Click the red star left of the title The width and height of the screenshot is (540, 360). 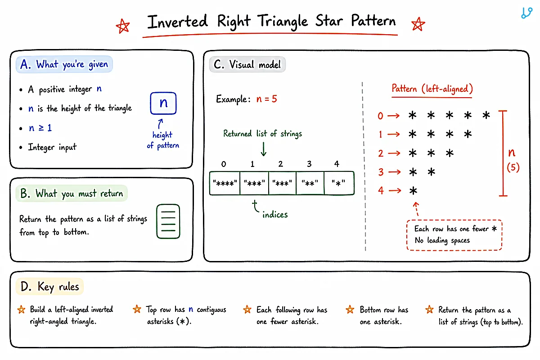[123, 26]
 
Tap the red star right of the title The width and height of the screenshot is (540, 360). [418, 24]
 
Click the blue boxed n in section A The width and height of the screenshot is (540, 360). [163, 103]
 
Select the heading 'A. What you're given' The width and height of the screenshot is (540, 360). [64, 64]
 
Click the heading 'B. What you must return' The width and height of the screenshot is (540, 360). [72, 193]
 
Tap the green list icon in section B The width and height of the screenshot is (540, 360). [168, 221]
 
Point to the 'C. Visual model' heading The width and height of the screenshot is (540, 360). [247, 65]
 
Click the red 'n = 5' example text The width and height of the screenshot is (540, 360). [266, 99]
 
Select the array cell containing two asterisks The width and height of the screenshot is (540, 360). [310, 183]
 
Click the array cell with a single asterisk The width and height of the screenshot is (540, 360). [339, 183]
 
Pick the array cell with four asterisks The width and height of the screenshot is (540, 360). [225, 183]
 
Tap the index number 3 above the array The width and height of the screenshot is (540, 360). [309, 164]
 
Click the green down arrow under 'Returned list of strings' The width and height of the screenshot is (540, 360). [264, 149]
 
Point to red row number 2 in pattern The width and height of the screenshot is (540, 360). [381, 153]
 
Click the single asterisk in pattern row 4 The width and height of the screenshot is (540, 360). [413, 191]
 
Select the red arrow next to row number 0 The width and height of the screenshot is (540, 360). [393, 116]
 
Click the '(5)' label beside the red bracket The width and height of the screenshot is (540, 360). [513, 167]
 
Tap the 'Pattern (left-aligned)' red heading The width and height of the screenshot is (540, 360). [432, 89]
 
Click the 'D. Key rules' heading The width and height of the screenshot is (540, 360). [49, 287]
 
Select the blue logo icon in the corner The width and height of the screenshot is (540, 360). [527, 13]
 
